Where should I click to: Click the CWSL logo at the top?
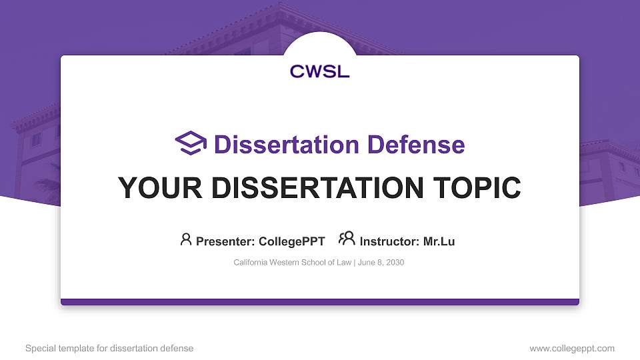(319, 71)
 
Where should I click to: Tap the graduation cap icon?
(191, 143)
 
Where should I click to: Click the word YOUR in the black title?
(153, 188)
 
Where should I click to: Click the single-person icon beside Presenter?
(186, 240)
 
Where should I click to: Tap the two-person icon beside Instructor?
(347, 239)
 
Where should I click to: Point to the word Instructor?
(389, 241)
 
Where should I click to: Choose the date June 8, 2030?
(381, 263)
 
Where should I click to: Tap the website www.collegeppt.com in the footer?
(572, 348)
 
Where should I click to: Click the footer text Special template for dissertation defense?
(109, 348)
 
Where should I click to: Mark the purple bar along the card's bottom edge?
(320, 302)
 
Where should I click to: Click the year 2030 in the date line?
(394, 263)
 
